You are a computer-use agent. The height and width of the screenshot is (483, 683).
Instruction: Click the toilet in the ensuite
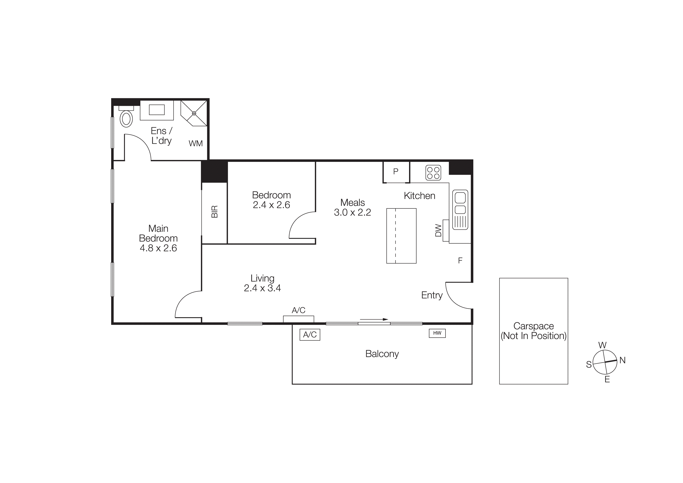[126, 118]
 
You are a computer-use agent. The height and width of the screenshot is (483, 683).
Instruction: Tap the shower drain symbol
[194, 113]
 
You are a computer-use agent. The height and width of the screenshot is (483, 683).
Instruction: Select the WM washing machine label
[195, 143]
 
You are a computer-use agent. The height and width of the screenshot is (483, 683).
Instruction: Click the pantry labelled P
[396, 171]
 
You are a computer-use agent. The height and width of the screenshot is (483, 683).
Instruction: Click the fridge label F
[460, 261]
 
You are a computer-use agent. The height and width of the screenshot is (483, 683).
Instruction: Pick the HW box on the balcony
[437, 333]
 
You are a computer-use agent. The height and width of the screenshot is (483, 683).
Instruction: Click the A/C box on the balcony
[310, 335]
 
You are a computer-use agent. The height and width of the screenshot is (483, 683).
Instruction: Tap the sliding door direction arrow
[374, 319]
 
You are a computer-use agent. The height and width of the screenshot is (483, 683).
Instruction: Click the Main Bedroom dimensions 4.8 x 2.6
[158, 248]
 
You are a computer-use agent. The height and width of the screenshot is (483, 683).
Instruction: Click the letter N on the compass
[622, 360]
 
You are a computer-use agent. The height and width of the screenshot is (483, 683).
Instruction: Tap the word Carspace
[533, 326]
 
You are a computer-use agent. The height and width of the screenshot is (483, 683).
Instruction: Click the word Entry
[432, 295]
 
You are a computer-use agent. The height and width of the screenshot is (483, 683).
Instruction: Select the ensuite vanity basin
[157, 110]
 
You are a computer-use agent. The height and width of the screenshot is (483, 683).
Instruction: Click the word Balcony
[382, 354]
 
